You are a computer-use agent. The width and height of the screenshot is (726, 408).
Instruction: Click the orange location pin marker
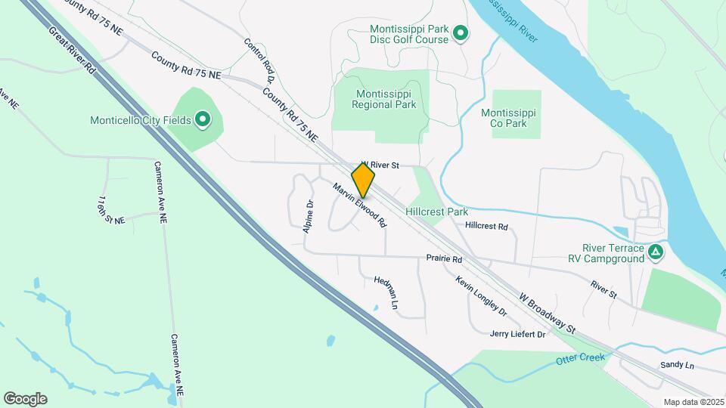363,181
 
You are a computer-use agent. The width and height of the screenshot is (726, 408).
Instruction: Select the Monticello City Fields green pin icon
203,119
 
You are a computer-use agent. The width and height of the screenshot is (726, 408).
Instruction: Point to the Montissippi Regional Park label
384,99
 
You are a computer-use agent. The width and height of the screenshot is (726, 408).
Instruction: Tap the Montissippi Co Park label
508,118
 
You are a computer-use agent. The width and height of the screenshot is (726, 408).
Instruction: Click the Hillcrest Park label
437,212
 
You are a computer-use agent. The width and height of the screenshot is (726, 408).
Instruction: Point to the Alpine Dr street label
309,217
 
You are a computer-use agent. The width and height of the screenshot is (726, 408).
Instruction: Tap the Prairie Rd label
444,258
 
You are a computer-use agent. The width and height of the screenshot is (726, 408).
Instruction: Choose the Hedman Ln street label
386,292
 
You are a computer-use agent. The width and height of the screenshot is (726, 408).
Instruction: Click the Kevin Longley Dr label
480,295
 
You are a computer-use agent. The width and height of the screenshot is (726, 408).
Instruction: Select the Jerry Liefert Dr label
517,333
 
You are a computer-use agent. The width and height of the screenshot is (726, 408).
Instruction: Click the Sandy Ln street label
677,365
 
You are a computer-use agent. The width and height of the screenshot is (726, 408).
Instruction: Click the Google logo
25,399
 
